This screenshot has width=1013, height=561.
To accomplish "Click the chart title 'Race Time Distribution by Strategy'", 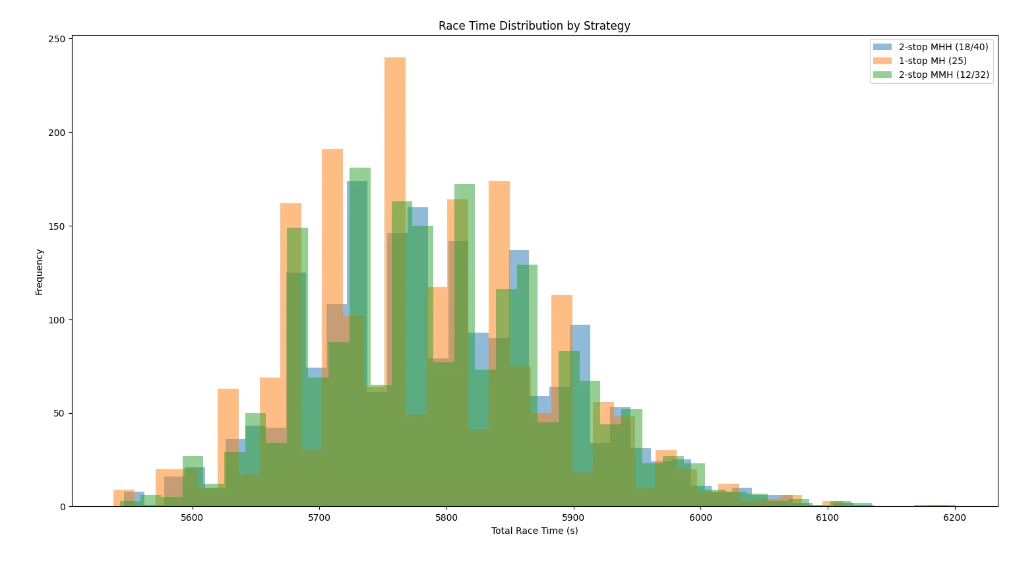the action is coord(534,26).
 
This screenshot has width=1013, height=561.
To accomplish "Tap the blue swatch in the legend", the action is coord(882,47).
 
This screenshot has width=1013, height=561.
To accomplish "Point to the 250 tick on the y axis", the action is coord(57,39).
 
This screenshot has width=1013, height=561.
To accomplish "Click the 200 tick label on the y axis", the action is coord(57,133).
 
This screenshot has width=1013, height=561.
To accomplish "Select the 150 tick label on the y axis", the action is coord(57,226).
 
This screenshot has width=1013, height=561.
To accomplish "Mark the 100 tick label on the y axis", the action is coord(57,320).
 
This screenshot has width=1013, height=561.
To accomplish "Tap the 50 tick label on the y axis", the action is coord(60,414).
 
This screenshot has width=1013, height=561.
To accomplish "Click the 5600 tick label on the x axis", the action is coord(192,517).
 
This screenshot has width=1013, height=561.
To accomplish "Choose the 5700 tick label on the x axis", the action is coord(319,517).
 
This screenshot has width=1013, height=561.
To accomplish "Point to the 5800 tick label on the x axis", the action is coord(446,517).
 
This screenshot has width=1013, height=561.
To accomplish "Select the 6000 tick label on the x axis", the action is coord(700,517).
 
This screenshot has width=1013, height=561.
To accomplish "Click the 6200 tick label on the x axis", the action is coord(955,517).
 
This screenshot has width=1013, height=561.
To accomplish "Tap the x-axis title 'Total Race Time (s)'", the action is coord(535,531).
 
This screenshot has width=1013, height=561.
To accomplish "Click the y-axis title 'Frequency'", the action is coord(40,272).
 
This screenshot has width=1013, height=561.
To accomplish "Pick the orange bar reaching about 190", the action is coord(332,328).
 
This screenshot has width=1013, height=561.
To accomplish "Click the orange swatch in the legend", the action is coord(882,61).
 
